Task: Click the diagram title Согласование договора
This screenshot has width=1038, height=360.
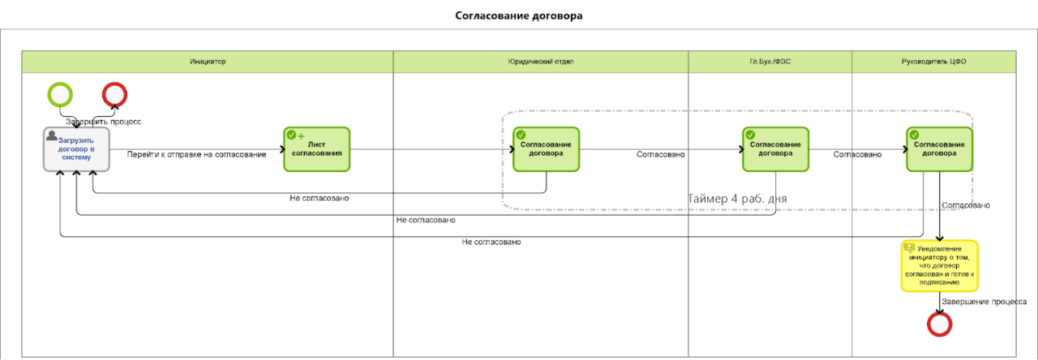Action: [518, 15]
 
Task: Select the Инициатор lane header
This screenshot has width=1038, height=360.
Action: [208, 62]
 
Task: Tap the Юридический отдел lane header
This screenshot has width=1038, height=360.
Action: [541, 62]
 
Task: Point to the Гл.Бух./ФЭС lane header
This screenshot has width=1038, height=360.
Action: [770, 62]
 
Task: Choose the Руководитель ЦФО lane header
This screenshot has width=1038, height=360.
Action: [933, 62]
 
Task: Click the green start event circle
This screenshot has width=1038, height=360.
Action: [60, 95]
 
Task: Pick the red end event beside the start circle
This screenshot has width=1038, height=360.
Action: [114, 95]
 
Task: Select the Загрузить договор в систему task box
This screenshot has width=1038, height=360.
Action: [76, 149]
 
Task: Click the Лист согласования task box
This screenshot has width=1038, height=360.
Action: [317, 149]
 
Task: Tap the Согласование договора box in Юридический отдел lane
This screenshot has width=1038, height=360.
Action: [546, 149]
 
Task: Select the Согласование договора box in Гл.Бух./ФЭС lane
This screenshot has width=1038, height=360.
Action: [775, 149]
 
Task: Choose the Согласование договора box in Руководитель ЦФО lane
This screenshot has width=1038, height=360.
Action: [939, 149]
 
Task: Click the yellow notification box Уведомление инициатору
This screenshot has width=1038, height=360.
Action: [939, 265]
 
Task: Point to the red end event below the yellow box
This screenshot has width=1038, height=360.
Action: [939, 324]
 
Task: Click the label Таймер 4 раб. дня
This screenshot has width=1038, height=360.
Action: [737, 199]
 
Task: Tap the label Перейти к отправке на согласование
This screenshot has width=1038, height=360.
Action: [196, 154]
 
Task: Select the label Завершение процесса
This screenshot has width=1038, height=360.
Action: [984, 302]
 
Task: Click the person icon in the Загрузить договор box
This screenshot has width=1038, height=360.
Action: [52, 135]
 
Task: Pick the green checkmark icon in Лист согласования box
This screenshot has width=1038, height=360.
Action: [291, 135]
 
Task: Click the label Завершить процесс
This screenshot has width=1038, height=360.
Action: [103, 122]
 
